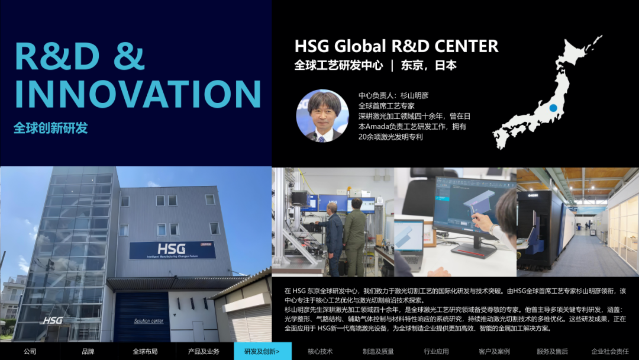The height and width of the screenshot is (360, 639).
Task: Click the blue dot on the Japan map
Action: coord(553,108)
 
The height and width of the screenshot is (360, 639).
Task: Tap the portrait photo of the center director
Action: coord(322,116)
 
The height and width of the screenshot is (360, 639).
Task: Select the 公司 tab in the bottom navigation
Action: coord(30,351)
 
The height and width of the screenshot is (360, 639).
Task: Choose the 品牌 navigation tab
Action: coord(88,351)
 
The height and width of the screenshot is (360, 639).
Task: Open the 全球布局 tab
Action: coord(145,351)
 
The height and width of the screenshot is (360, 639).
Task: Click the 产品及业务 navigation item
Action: coord(204,351)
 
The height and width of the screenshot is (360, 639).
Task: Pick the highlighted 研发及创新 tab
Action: coord(263,351)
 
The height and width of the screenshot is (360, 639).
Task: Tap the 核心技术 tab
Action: coord(320,351)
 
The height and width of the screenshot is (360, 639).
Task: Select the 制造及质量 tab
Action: coord(378,351)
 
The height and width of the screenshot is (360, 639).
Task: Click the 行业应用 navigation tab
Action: coord(436,351)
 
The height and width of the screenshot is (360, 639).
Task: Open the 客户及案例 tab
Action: coord(494,351)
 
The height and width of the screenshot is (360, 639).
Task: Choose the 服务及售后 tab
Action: coord(552,351)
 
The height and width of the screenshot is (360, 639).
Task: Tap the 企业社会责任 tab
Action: coord(610,351)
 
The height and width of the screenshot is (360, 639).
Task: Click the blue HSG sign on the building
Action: coord(172,250)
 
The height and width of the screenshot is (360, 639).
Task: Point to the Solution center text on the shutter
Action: coord(149,321)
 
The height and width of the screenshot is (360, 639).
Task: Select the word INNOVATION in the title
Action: coord(138,94)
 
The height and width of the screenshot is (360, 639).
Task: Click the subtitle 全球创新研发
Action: coord(50,128)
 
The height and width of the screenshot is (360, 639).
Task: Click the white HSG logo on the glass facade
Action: coord(53,320)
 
